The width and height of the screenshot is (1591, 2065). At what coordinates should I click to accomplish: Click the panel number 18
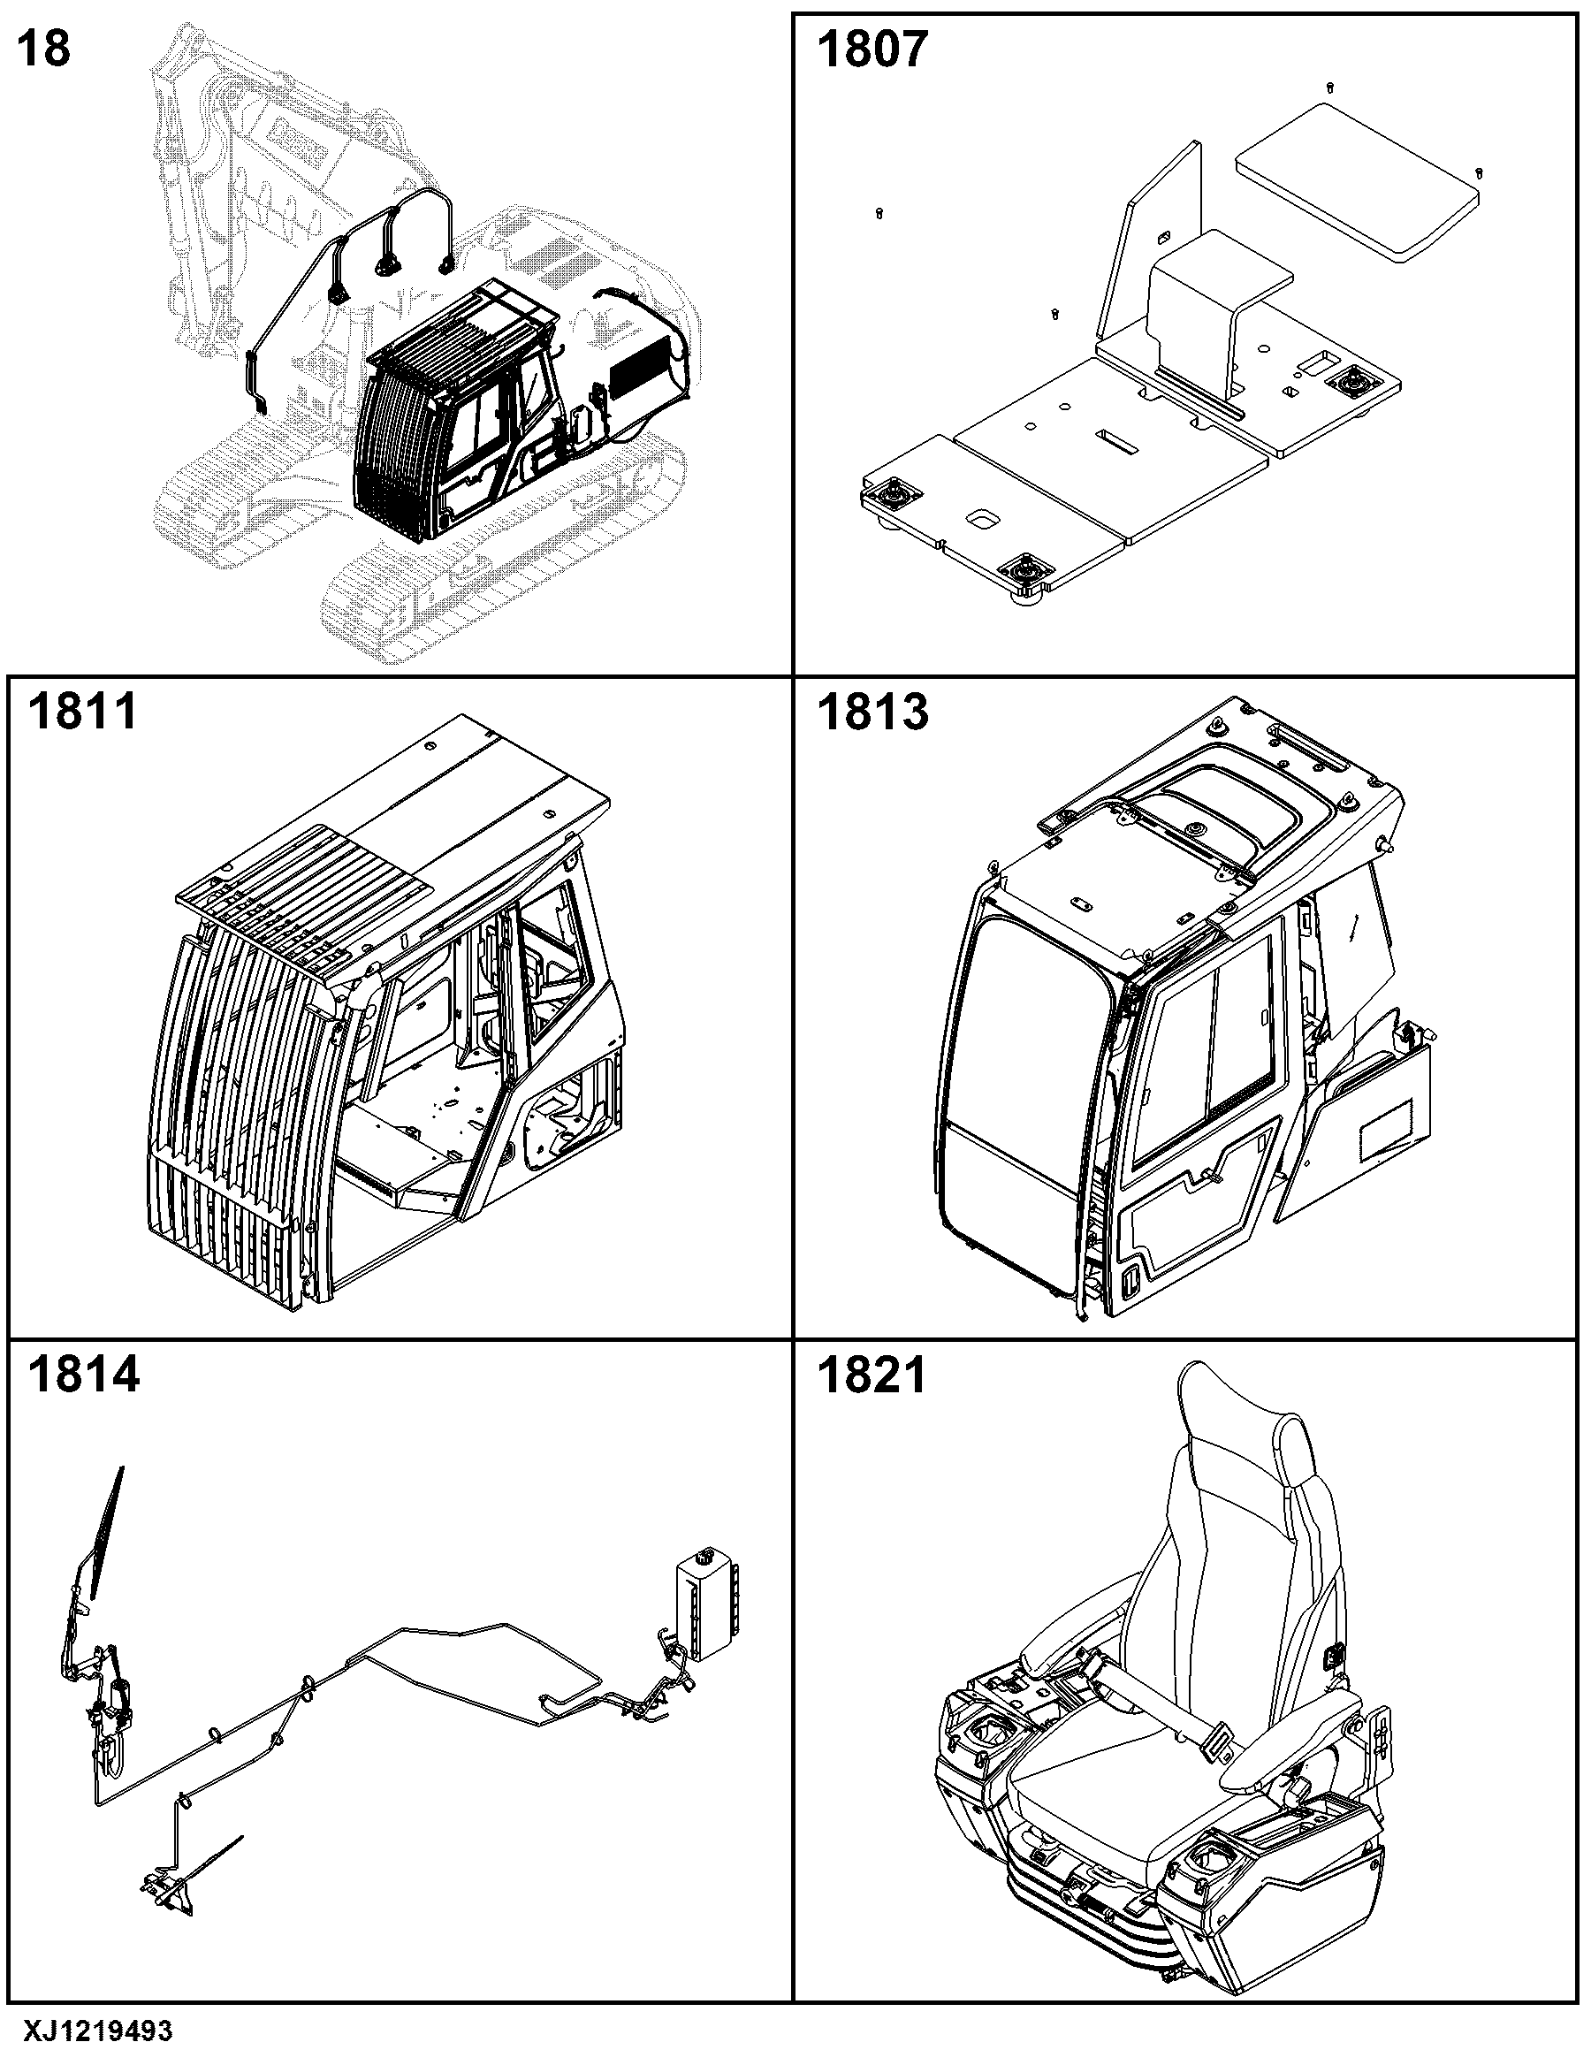[43, 49]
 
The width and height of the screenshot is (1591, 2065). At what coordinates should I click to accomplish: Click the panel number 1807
[872, 50]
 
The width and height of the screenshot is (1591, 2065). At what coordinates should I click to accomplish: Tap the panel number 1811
[82, 711]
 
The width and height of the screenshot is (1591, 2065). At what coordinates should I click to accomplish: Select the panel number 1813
[872, 711]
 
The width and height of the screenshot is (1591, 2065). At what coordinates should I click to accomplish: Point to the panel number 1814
[83, 1374]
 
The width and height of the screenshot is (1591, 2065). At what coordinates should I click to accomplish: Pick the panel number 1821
[872, 1374]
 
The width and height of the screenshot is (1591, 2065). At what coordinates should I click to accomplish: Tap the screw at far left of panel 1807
[880, 213]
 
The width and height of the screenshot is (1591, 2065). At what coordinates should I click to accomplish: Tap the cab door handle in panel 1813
[1209, 1178]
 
